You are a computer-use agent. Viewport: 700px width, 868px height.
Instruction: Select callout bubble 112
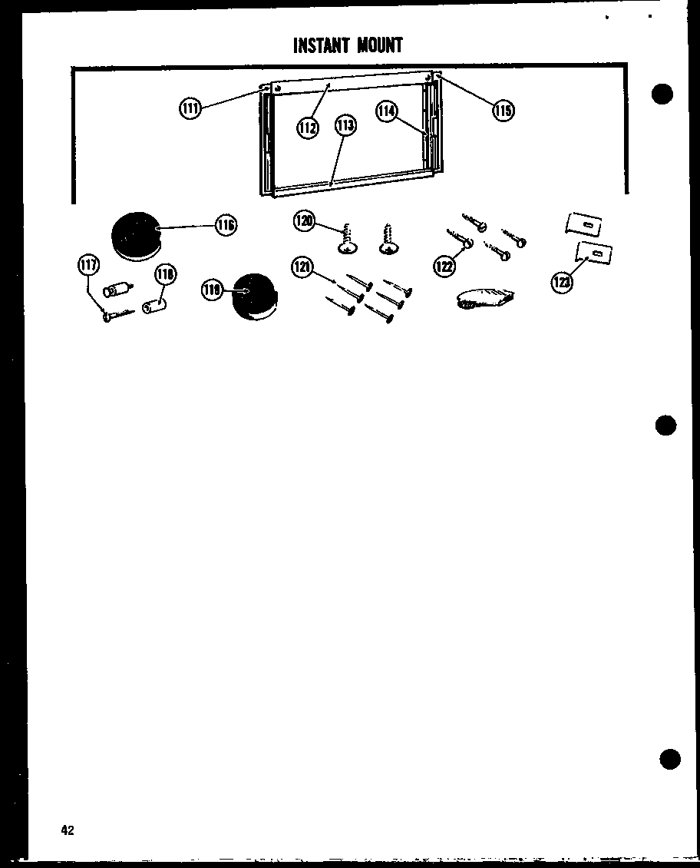[x=308, y=128]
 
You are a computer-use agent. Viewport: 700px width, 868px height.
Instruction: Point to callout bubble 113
[x=345, y=124]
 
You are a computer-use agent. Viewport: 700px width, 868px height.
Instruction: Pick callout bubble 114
[x=386, y=111]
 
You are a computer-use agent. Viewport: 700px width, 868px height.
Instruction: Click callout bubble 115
[x=503, y=111]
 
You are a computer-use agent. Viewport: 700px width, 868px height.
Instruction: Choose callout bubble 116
[x=226, y=225]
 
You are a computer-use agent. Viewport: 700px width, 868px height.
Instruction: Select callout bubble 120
[x=304, y=221]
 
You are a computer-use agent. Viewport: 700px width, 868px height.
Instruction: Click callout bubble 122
[x=444, y=266]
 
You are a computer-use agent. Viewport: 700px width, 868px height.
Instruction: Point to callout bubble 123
[x=561, y=283]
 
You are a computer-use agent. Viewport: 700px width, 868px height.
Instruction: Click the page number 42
[x=68, y=830]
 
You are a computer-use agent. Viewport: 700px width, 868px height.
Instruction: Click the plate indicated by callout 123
[x=594, y=253]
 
